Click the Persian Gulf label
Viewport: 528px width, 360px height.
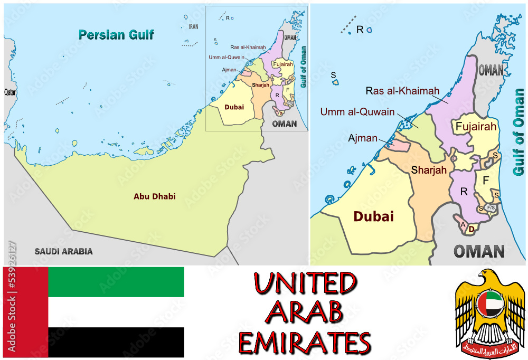pyautogui.click(x=116, y=35)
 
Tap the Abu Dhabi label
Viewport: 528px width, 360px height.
pyautogui.click(x=155, y=196)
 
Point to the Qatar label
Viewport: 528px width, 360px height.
pyautogui.click(x=10, y=91)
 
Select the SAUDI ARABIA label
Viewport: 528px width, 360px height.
pyautogui.click(x=63, y=251)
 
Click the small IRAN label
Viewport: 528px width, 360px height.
pyautogui.click(x=194, y=26)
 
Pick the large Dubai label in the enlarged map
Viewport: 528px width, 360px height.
pyautogui.click(x=374, y=216)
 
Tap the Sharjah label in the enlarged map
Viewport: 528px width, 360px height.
pyautogui.click(x=429, y=170)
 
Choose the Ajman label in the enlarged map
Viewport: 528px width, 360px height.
pyautogui.click(x=363, y=138)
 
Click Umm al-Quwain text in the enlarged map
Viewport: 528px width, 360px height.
pyautogui.click(x=357, y=111)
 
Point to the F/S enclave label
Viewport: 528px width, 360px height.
pyautogui.click(x=491, y=207)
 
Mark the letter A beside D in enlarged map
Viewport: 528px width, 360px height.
pyautogui.click(x=463, y=225)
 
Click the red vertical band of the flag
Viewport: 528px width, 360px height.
pyautogui.click(x=25, y=312)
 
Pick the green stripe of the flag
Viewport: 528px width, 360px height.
pyautogui.click(x=116, y=282)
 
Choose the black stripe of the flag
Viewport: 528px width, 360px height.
pyautogui.click(x=116, y=342)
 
